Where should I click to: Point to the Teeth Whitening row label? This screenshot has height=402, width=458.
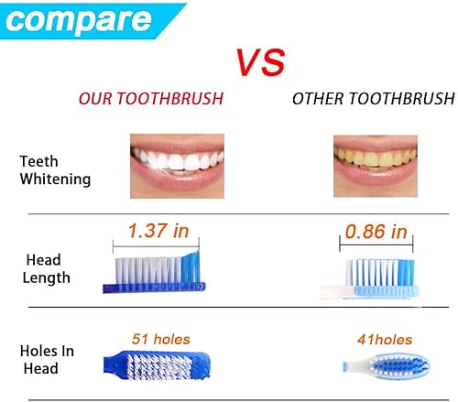(x=55, y=170)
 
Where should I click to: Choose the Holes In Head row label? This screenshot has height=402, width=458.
(x=47, y=359)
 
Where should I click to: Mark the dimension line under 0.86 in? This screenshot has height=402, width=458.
(x=374, y=245)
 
